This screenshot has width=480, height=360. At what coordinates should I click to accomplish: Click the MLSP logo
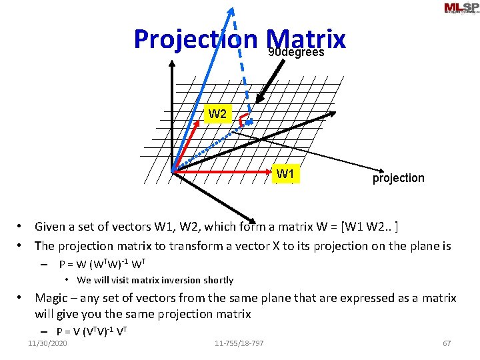tap(460, 8)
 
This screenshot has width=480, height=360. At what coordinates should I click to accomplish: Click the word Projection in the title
tap(195, 39)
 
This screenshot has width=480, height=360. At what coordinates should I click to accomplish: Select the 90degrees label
tap(296, 52)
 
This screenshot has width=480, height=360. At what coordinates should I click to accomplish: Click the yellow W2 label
tap(217, 114)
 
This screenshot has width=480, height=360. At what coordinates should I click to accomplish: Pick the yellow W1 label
tap(286, 174)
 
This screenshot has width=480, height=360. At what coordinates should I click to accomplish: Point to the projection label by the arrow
tap(398, 178)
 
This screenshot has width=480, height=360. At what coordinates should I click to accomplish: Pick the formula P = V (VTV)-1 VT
tap(92, 331)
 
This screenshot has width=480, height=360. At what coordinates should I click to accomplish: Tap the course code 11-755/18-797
tap(239, 343)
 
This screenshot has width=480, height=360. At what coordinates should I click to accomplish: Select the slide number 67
tap(447, 343)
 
